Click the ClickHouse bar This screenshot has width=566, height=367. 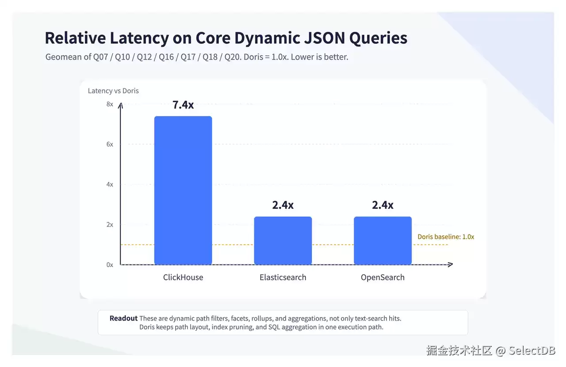coord(183,190)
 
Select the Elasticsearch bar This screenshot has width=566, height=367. coord(283,241)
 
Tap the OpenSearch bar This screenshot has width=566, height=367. coord(382,241)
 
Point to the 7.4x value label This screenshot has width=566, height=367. coord(183,105)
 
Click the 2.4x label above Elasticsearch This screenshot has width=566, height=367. coord(283,205)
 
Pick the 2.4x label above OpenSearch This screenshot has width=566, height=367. coord(382,205)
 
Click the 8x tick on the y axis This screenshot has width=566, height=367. coord(110,104)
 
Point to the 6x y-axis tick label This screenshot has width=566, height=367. coord(110,144)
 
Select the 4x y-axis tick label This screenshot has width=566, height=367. coord(110,184)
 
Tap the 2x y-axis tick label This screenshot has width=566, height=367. coord(110,225)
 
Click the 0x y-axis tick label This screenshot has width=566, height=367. coord(110,265)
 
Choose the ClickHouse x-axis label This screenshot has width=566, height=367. coord(183,277)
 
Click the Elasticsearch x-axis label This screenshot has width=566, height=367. coord(283,277)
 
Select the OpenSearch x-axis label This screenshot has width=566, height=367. coord(382,278)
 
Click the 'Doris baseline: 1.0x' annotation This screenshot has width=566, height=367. coord(446,237)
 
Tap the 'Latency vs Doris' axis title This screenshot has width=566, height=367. coord(113,91)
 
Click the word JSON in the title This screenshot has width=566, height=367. coord(325,38)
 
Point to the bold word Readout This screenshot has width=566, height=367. coord(123,318)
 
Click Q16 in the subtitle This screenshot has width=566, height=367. coord(166,57)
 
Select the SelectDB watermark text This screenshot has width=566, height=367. coord(532,351)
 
